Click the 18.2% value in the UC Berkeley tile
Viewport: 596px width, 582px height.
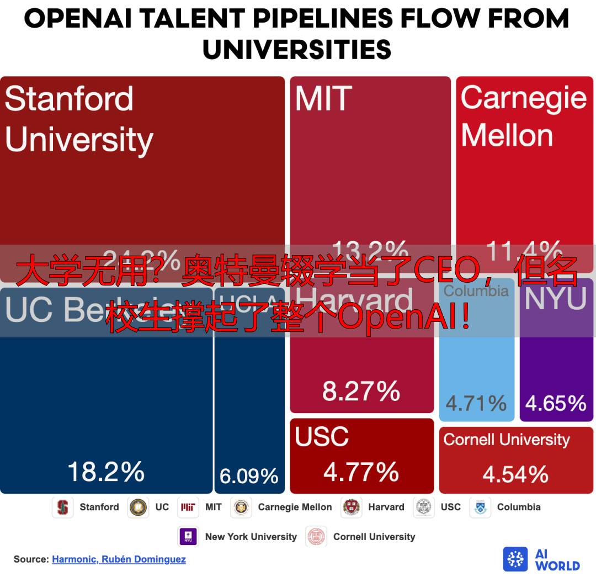(106, 473)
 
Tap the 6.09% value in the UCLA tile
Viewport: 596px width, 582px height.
(249, 476)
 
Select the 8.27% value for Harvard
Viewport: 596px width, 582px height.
(361, 391)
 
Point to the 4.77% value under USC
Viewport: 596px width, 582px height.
(361, 472)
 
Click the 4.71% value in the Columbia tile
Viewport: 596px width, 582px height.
(476, 403)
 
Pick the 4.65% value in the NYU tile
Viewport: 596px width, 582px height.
(556, 403)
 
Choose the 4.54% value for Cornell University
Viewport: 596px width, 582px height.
(515, 474)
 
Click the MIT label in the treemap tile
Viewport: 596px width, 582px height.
(324, 99)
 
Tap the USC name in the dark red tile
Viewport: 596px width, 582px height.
(322, 437)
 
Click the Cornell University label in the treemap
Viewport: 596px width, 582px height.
(507, 440)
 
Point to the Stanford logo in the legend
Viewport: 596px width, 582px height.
(63, 507)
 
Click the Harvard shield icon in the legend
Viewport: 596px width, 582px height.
(352, 507)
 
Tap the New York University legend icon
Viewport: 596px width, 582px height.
(189, 537)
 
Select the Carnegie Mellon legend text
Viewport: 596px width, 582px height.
(295, 507)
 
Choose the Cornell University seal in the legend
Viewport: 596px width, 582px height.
(317, 537)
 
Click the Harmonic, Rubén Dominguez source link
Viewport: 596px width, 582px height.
(119, 559)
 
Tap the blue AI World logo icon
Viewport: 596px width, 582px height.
(515, 559)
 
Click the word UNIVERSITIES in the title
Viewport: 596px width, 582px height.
(297, 50)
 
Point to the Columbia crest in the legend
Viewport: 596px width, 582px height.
(480, 507)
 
